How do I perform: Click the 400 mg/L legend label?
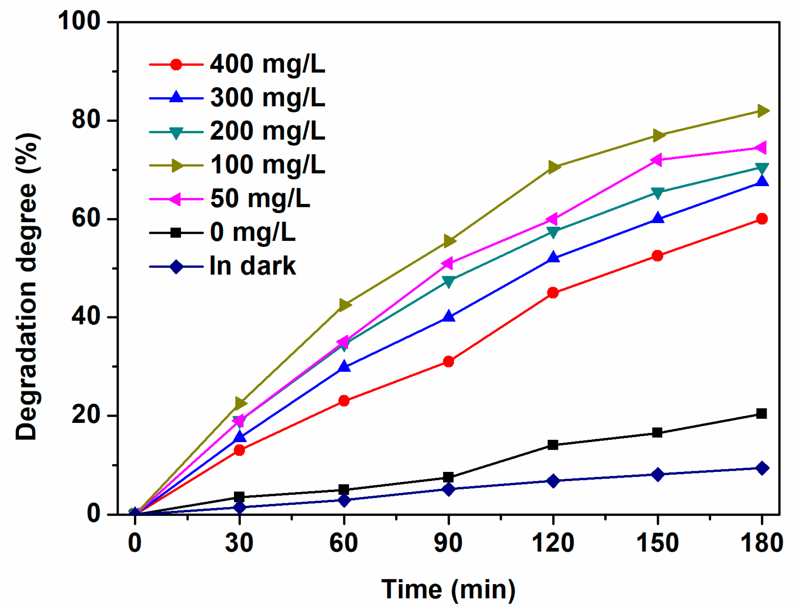click(267, 64)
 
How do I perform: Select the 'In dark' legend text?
click(252, 266)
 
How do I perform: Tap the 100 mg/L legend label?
click(267, 165)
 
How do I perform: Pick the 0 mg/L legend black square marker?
click(176, 233)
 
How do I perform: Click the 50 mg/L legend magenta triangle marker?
click(175, 199)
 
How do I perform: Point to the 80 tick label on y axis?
click(86, 119)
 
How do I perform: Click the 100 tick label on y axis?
click(79, 21)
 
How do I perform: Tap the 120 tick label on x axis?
click(553, 543)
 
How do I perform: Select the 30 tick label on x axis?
click(239, 543)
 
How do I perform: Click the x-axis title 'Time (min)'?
click(448, 590)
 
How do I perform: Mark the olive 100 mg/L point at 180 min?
click(762, 111)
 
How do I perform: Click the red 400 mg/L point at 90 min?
click(449, 362)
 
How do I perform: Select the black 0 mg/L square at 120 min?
click(553, 445)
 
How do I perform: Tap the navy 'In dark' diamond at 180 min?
click(762, 468)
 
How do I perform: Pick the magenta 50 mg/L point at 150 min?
click(656, 160)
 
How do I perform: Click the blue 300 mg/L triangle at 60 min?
click(344, 367)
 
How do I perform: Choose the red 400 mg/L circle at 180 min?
click(762, 219)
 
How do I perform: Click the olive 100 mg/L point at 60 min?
click(344, 305)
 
